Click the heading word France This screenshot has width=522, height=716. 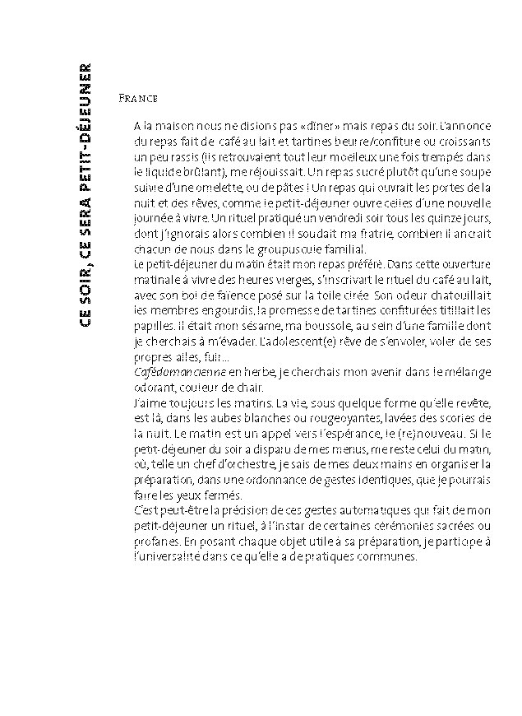click(x=137, y=97)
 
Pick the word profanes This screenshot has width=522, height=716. click(x=156, y=539)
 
